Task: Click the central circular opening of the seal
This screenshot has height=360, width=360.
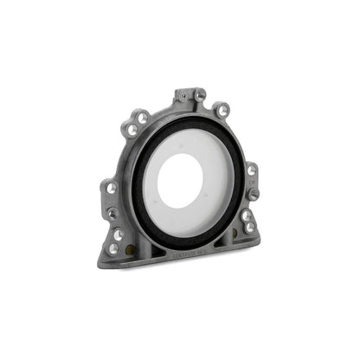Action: point(181,181)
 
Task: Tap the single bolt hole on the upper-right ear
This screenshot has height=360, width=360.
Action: point(223,110)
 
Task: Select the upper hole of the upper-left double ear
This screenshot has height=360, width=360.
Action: point(142,118)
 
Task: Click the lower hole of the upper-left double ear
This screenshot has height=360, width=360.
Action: point(132,130)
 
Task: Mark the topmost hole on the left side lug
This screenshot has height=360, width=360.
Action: point(111,188)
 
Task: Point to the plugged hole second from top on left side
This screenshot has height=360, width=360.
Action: point(112,213)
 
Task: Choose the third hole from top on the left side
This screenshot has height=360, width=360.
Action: point(118,235)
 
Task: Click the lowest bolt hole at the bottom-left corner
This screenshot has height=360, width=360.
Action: point(112,248)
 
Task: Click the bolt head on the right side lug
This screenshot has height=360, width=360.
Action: point(253,193)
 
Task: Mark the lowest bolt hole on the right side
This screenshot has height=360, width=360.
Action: point(250,227)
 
